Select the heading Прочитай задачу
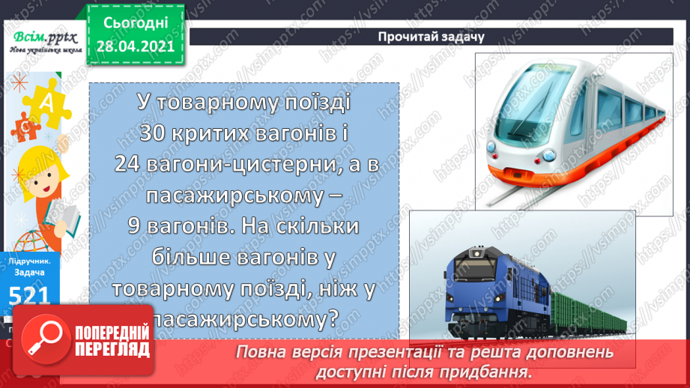tap(442, 36)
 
